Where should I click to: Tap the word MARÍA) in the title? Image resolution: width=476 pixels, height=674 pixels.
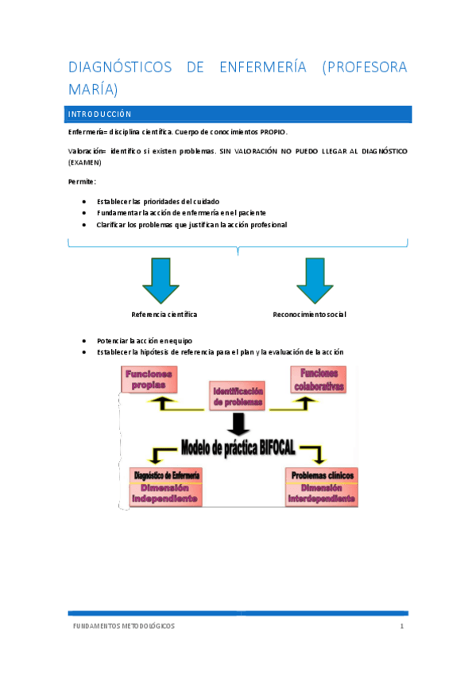point(93,88)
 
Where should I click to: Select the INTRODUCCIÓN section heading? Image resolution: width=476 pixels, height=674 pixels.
point(99,114)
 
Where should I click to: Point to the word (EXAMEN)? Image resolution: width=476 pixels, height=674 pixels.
point(86,163)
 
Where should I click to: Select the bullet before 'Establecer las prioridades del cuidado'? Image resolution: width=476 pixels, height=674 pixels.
point(84,201)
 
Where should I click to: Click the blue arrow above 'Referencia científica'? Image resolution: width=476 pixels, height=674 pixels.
point(163,279)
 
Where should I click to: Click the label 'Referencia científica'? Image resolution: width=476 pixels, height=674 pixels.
point(164,315)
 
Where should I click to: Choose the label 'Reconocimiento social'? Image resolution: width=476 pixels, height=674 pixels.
point(309,315)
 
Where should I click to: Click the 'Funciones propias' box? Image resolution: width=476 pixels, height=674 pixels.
point(149,379)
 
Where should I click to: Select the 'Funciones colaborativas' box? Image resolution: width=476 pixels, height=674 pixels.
point(318,380)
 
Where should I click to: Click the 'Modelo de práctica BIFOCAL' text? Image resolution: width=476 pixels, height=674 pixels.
point(238,447)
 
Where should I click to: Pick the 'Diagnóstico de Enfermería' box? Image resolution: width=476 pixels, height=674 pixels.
point(165,486)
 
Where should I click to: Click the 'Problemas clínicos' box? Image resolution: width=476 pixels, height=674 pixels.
point(322,486)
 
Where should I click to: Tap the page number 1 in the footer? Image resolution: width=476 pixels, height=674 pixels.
point(402,626)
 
